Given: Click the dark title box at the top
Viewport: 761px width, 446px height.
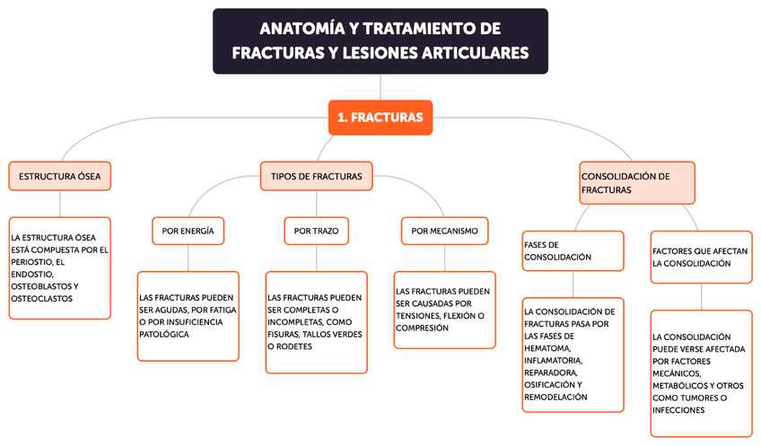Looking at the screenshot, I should pyautogui.click(x=380, y=41).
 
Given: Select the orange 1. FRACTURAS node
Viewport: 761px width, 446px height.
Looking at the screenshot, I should pyautogui.click(x=380, y=118).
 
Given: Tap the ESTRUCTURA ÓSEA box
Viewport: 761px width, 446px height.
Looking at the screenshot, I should pyautogui.click(x=60, y=176).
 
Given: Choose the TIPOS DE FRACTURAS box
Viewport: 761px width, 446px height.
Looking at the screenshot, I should pyautogui.click(x=316, y=176).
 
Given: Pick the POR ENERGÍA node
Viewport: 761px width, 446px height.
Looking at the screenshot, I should pyautogui.click(x=188, y=231).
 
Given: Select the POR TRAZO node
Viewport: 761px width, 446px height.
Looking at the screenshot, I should pyautogui.click(x=316, y=231).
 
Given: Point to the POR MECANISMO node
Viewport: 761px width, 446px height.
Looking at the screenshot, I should pyautogui.click(x=444, y=231).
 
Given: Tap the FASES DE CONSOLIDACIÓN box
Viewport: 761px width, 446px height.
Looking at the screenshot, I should pyautogui.click(x=572, y=250).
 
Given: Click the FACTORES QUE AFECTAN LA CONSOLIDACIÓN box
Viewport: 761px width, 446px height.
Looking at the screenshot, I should pyautogui.click(x=700, y=258).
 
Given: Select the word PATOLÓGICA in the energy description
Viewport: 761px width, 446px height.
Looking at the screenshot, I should pyautogui.click(x=164, y=334).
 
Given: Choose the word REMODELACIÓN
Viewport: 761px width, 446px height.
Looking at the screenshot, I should pyautogui.click(x=555, y=396).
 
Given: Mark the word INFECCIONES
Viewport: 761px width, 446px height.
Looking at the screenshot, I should pyautogui.click(x=679, y=409).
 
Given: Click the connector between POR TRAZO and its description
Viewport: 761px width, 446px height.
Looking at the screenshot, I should pyautogui.click(x=316, y=258).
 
